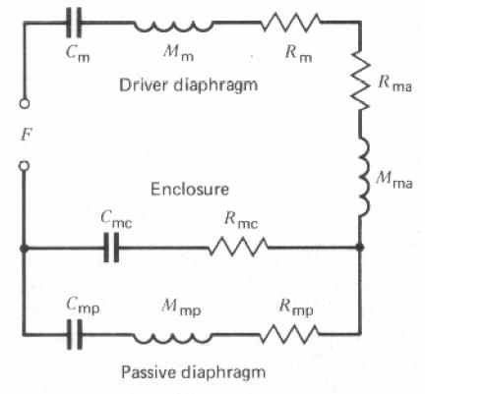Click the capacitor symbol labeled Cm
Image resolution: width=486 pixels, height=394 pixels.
[74, 23]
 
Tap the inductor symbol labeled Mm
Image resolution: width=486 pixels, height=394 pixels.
[173, 27]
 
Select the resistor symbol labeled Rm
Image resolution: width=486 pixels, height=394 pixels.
[291, 23]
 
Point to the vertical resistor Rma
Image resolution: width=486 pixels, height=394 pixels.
[360, 80]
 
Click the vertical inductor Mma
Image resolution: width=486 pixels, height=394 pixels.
[365, 177]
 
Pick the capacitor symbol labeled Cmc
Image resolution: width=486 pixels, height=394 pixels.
[111, 248]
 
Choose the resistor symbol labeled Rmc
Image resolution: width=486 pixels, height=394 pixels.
[238, 247]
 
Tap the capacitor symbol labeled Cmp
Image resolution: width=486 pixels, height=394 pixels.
[75, 334]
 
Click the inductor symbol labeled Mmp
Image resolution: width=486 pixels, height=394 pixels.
[172, 338]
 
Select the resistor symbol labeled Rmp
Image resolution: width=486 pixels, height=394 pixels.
[289, 334]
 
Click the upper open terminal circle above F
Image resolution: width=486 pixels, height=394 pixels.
[25, 103]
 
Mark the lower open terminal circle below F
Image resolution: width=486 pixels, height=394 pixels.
[24, 166]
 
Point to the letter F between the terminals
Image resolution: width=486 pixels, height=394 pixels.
[27, 135]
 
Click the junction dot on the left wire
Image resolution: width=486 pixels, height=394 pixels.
[24, 249]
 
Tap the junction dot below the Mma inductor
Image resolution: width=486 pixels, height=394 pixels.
[360, 247]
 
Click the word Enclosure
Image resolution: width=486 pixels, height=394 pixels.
[190, 190]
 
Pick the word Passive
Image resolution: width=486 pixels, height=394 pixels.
[149, 372]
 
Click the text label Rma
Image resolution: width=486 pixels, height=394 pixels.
[395, 83]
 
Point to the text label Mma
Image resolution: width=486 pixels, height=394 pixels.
[394, 180]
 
